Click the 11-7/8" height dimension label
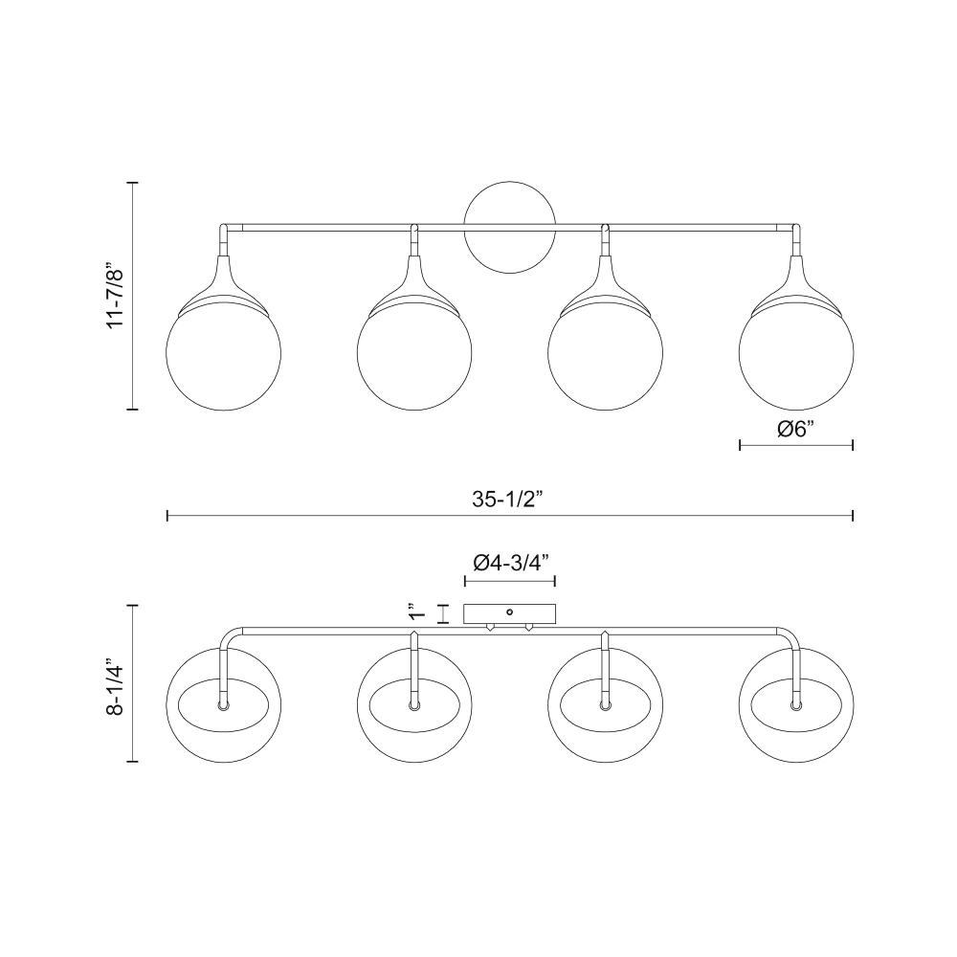click(116, 296)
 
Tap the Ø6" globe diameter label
click(796, 429)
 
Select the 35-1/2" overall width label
click(507, 500)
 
